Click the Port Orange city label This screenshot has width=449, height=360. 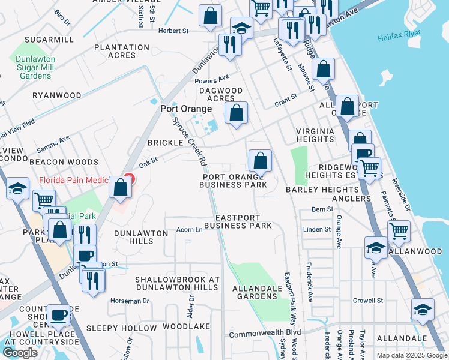tap(186, 109)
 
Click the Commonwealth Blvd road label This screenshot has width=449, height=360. tap(265, 332)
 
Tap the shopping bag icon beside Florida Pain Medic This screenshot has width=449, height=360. tap(121, 188)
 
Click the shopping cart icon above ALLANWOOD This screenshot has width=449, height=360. tap(399, 231)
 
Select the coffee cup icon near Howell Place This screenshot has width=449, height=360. tap(59, 314)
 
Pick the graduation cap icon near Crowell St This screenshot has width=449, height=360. tap(423, 310)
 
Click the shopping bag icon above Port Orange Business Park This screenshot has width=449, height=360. tap(260, 160)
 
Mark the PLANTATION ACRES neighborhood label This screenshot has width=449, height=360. tap(122, 51)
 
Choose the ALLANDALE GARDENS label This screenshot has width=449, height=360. tap(258, 292)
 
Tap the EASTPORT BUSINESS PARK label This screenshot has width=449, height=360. tap(238, 221)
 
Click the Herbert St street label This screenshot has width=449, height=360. tap(173, 30)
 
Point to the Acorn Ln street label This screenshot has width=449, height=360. tap(189, 230)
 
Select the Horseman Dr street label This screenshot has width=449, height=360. tap(126, 300)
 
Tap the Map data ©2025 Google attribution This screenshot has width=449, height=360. tap(411, 355)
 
